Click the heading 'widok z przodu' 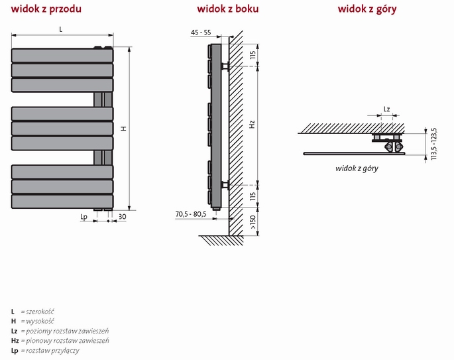pos(46,9)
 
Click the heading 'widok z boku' pos(227,9)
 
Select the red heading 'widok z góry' pos(367,9)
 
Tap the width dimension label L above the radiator pos(61,29)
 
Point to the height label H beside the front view pos(124,129)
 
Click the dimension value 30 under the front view pos(122,216)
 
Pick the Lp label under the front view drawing pos(84,217)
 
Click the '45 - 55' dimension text pos(201,32)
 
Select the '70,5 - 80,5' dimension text pos(191,214)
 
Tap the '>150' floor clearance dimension pos(253,222)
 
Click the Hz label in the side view pos(252,125)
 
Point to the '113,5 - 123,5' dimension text pos(433,144)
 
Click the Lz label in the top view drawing pos(387,109)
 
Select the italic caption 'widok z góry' pos(357,168)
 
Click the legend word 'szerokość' pos(40,312)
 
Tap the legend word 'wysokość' pos(40,321)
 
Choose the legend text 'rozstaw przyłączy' pos(52,351)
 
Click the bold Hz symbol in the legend pos(15,341)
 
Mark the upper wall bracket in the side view pos(225,66)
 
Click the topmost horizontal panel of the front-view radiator pos(62,55)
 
